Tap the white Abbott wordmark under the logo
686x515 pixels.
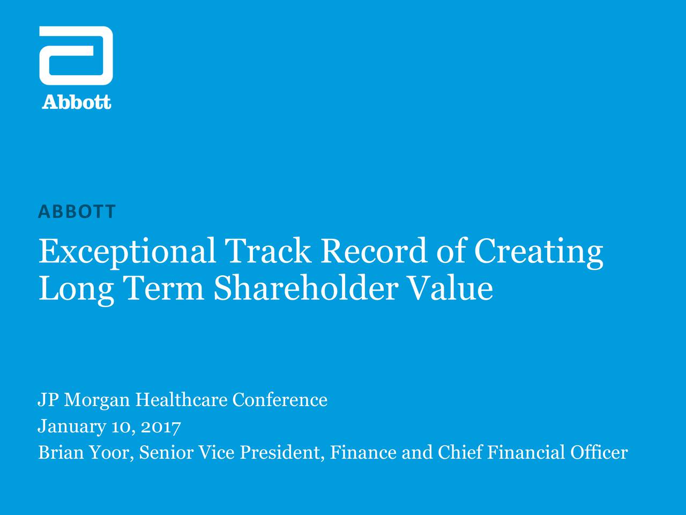click(x=77, y=102)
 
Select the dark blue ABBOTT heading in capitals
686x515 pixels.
click(x=77, y=211)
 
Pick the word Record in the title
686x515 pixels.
click(x=374, y=251)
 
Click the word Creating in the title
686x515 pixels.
click(x=539, y=253)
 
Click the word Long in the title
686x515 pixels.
click(x=76, y=290)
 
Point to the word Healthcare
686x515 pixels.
click(x=181, y=399)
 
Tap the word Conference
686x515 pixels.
click(x=280, y=399)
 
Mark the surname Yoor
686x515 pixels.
click(x=111, y=452)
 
